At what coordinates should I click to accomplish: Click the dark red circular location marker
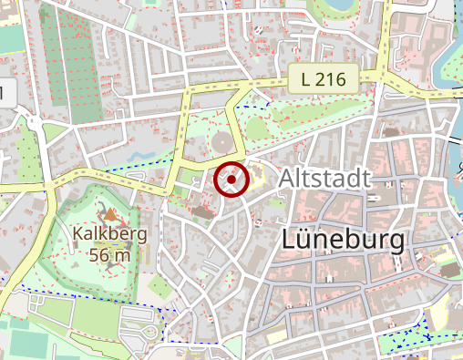coord(231,180)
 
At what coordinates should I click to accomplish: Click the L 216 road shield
coord(323,79)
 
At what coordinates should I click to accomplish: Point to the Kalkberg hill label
coord(109,236)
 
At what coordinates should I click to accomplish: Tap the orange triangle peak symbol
coord(110,215)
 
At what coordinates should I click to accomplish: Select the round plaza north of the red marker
coord(223,144)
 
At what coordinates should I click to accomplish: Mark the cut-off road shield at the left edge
coord(6,92)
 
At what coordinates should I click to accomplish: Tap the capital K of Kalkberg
coord(77,236)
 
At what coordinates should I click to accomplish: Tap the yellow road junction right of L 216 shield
coord(384,80)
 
